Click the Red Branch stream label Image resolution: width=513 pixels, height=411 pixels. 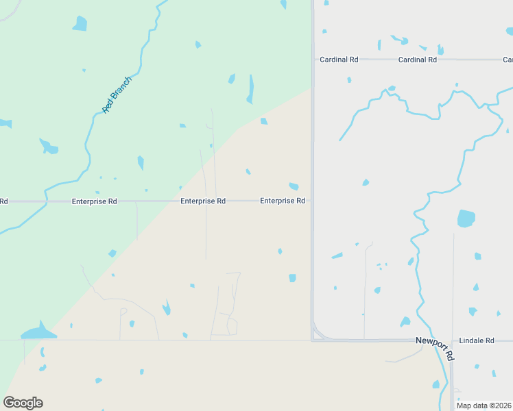click(x=117, y=95)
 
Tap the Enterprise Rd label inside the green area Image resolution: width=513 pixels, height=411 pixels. click(x=94, y=201)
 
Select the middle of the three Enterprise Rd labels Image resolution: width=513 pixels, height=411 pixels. click(x=203, y=201)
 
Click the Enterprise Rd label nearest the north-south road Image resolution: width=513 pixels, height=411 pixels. click(x=282, y=201)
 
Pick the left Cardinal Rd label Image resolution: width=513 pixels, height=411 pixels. click(x=339, y=60)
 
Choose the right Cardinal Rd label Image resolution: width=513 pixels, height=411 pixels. click(x=418, y=60)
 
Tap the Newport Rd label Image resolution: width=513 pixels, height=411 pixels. click(x=435, y=348)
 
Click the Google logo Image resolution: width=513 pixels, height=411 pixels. click(x=23, y=403)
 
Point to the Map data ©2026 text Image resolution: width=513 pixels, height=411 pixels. click(x=484, y=406)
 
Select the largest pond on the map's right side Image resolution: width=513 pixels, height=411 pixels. click(x=466, y=219)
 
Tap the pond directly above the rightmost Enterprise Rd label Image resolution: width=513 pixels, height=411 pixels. click(x=294, y=186)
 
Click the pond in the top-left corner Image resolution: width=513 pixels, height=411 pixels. click(x=80, y=24)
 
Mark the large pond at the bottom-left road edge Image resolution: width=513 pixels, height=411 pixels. click(x=38, y=332)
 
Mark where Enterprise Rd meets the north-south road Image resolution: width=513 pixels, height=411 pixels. click(x=313, y=201)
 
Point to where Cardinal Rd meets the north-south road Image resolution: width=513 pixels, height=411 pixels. click(x=313, y=60)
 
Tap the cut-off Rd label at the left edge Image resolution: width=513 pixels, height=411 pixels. click(x=3, y=201)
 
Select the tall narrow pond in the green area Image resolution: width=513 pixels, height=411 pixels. click(x=250, y=88)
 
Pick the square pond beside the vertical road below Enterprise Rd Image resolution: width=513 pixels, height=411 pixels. click(x=292, y=277)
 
